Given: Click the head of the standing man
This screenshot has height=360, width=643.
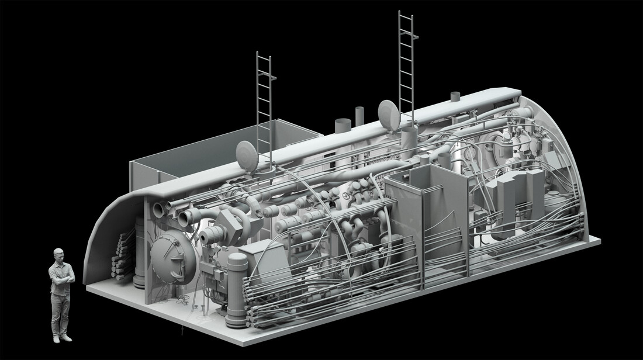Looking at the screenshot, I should coord(58,255).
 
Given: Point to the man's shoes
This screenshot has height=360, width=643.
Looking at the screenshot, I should coord(61,338).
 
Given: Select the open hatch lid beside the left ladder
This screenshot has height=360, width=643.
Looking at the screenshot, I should coord(247,155).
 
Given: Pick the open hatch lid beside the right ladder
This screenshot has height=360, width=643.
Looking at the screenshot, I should coord(389,115).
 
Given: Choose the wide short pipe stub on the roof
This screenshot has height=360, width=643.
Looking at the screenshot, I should coord(342,126).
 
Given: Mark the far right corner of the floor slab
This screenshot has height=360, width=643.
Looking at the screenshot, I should coord(600,240).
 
